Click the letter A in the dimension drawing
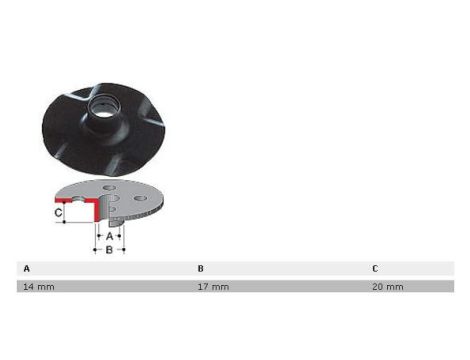click(109, 236)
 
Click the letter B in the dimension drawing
click(109, 250)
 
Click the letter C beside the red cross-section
click(58, 212)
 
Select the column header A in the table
click(27, 268)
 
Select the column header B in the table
click(200, 268)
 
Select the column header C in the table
click(375, 268)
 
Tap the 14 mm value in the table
click(39, 287)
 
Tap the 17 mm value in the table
click(213, 287)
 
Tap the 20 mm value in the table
click(388, 287)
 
